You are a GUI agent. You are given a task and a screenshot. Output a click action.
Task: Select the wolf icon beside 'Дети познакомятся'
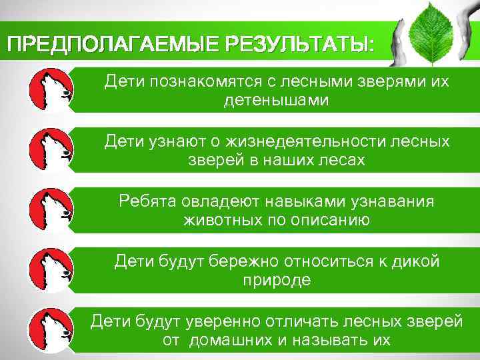50,91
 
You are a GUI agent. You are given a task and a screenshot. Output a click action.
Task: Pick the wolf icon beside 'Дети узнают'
50,151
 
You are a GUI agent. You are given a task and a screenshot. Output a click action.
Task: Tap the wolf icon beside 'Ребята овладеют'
50,210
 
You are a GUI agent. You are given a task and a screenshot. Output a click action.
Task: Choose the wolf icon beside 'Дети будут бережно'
50,270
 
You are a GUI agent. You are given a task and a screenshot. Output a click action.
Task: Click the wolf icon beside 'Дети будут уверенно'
50,329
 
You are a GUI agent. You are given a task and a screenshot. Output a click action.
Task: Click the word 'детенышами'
277,101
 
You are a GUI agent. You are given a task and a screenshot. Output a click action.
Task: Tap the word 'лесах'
342,161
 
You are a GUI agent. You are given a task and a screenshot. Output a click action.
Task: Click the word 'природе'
277,279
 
